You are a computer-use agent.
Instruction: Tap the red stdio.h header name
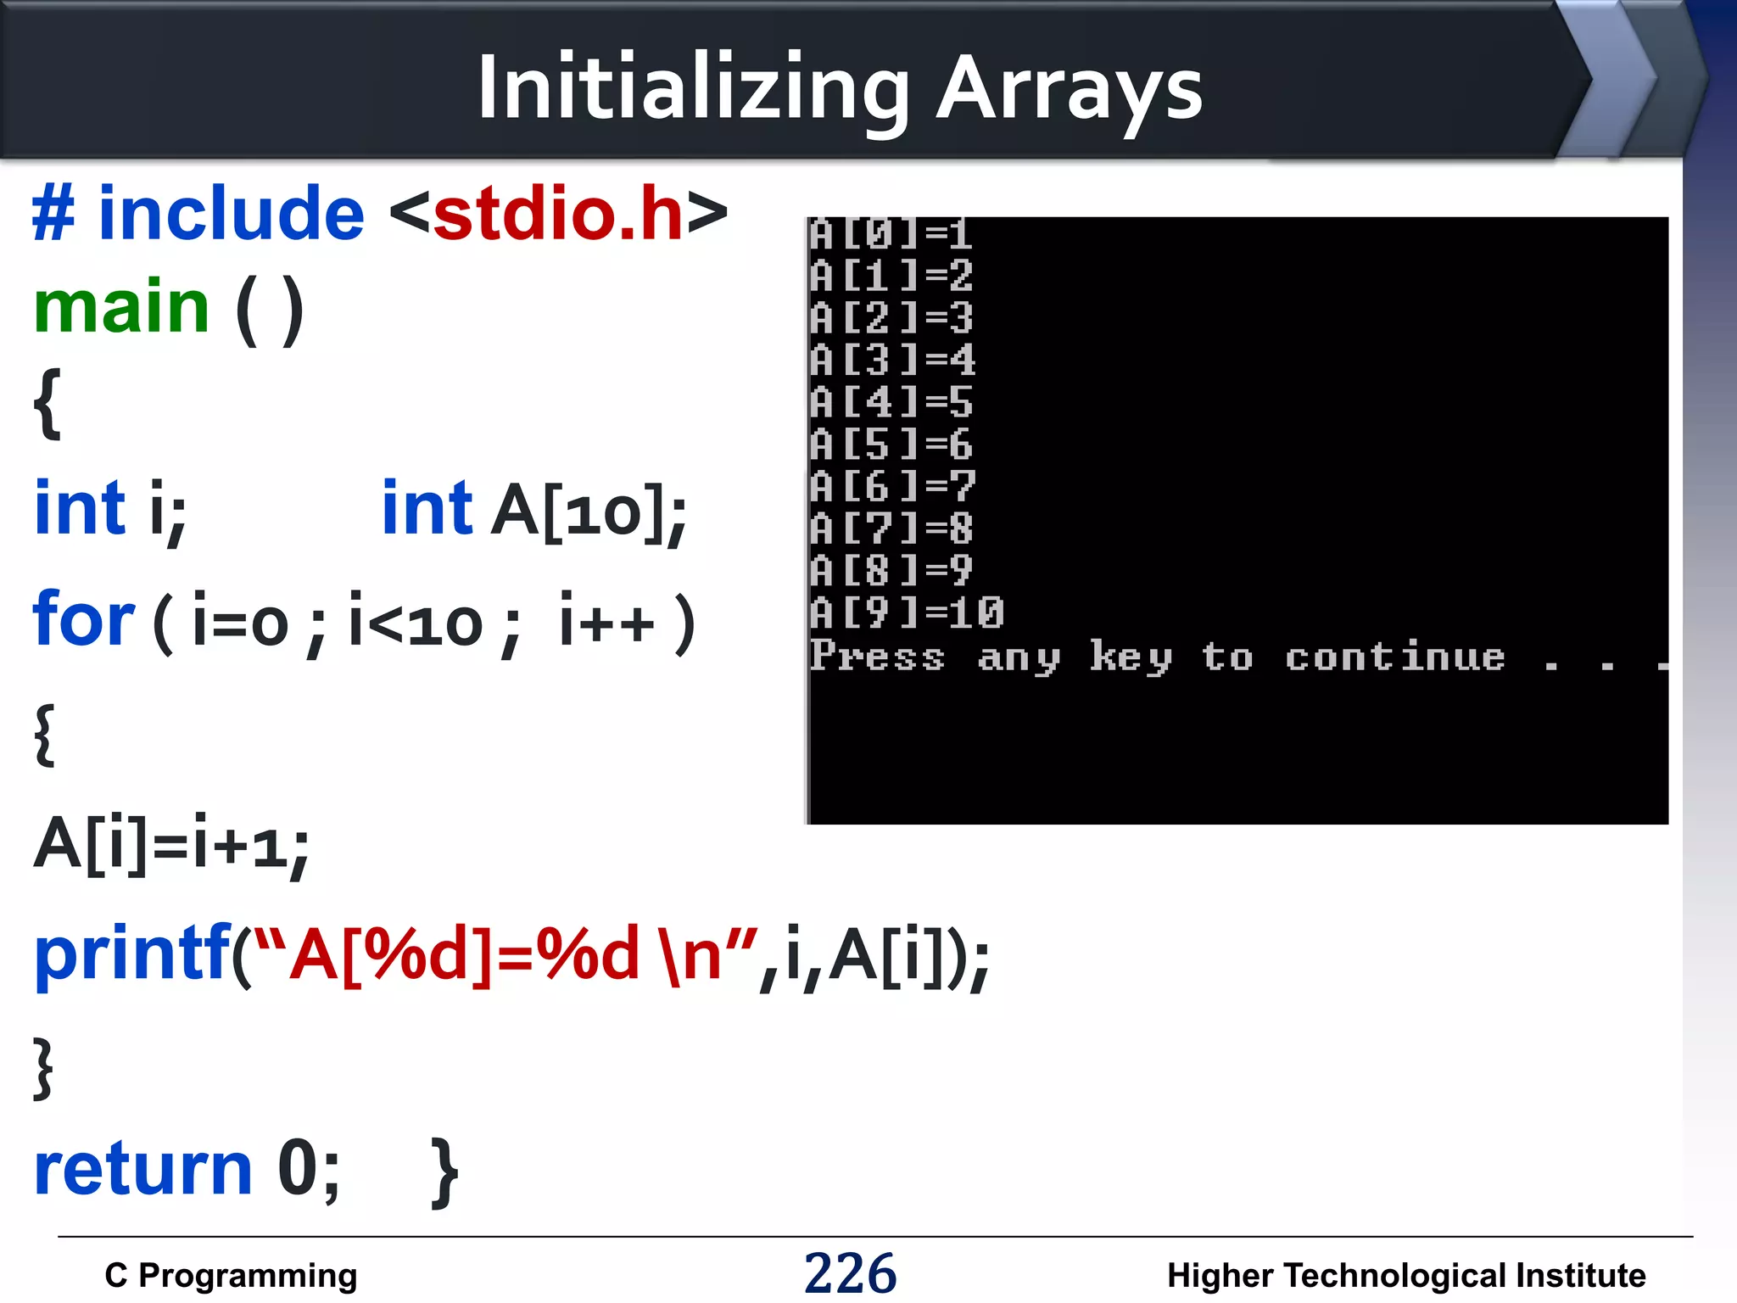pos(558,214)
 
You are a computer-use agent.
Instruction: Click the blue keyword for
pos(83,619)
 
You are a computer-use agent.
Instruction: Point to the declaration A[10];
pos(589,512)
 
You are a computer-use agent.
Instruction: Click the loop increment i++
pos(607,623)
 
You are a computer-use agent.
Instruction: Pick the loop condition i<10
pos(415,623)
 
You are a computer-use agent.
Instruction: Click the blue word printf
pos(131,954)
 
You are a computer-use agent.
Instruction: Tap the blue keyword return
pos(142,1169)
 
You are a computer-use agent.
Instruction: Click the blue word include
pos(231,214)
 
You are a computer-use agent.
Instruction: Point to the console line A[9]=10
pos(906,612)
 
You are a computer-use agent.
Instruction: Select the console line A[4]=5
pos(891,402)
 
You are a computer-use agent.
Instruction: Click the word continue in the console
pos(1394,657)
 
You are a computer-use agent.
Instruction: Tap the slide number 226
pos(850,1273)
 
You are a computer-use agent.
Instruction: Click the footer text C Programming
pos(231,1275)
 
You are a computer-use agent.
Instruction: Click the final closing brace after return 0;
pos(444,1172)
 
